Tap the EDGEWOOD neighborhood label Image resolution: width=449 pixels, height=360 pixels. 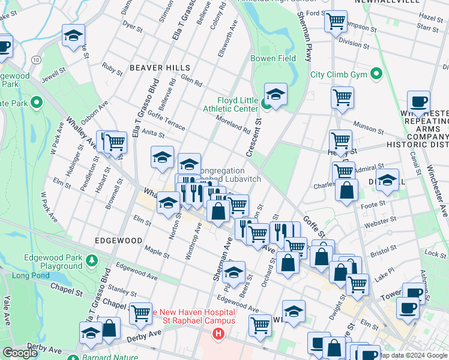[x=118, y=240]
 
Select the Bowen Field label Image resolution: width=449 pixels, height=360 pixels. [x=273, y=58]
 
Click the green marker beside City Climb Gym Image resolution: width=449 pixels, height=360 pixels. [x=376, y=74]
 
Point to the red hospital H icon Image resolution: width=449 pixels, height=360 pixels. [x=218, y=333]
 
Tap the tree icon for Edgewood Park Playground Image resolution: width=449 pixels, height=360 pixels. [x=91, y=260]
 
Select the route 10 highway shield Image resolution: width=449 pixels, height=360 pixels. [x=37, y=60]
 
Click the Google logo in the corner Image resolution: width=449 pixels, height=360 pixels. [x=20, y=352]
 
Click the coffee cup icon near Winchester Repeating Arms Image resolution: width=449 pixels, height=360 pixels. [x=418, y=101]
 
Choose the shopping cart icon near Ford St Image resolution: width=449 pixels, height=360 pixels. [x=336, y=22]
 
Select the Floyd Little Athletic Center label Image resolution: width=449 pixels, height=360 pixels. [x=238, y=104]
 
